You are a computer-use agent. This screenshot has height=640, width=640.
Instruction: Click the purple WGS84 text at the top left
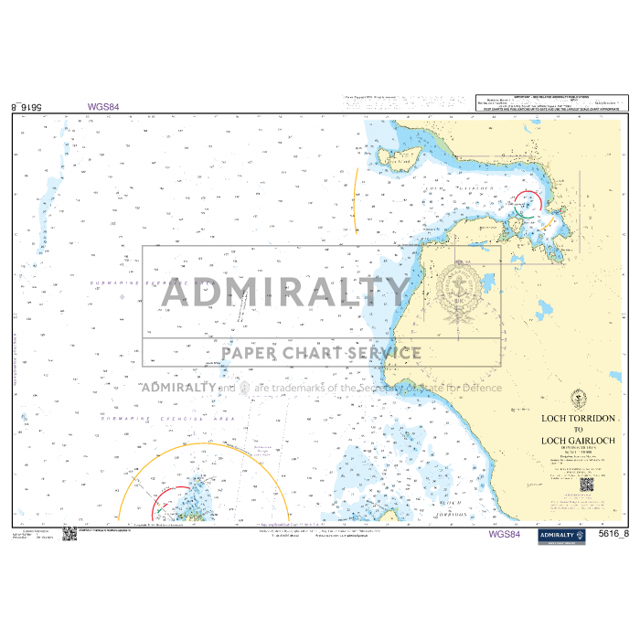[103, 106]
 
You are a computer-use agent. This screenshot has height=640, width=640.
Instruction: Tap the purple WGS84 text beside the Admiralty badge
[505, 534]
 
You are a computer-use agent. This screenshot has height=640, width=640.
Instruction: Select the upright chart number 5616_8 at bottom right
[613, 534]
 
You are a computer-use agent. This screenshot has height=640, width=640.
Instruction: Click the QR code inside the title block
[586, 484]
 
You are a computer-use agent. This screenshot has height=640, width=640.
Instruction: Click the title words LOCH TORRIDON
[578, 419]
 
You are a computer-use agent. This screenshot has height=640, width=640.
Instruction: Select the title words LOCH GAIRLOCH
[578, 441]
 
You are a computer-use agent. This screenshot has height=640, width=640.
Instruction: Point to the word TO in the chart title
[578, 430]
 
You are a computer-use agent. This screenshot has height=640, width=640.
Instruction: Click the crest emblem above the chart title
[577, 400]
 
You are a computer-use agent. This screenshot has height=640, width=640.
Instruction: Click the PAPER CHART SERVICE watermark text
[321, 353]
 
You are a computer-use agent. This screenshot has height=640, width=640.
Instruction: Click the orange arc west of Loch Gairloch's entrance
[356, 199]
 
